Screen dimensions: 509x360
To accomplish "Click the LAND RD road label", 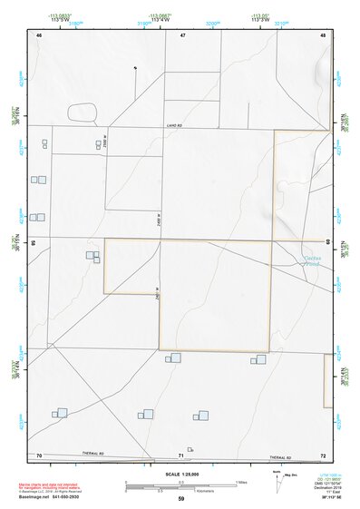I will (175, 126).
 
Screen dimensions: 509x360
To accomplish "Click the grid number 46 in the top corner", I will (38, 34).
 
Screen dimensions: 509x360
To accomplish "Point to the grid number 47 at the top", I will (181, 34).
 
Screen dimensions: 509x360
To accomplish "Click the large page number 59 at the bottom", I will (180, 499).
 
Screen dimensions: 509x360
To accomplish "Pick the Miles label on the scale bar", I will (241, 481).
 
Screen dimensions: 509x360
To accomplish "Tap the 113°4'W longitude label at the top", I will (161, 20).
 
